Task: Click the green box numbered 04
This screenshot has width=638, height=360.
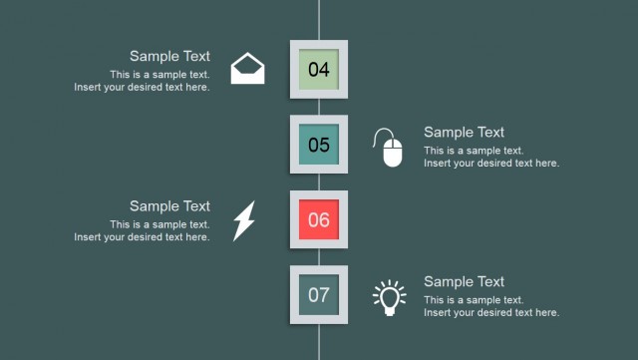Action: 319,70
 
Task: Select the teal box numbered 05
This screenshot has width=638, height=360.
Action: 319,145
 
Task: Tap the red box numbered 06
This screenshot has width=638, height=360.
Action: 319,219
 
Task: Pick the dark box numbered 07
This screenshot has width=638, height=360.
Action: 319,294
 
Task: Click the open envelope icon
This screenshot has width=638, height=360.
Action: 248,69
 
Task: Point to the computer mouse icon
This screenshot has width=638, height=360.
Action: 391,148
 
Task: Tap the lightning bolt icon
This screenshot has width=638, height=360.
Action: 244,220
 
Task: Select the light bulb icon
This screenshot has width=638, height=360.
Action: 390,297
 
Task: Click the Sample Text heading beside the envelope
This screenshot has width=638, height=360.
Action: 169,56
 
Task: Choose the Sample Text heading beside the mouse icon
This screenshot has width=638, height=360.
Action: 464,132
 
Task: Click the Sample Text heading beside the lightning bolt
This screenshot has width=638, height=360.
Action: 169,205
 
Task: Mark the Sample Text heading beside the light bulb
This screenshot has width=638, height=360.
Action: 464,281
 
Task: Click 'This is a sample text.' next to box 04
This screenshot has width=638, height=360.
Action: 159,75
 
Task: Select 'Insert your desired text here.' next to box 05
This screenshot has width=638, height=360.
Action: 491,163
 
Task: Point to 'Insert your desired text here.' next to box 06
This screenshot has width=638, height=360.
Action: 142,237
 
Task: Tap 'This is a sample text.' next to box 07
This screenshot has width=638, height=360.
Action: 474,300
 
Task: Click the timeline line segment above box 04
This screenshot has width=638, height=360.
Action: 319,20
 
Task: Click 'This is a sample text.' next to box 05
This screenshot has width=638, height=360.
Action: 474,151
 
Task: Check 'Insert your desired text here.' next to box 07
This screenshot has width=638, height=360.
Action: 491,312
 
